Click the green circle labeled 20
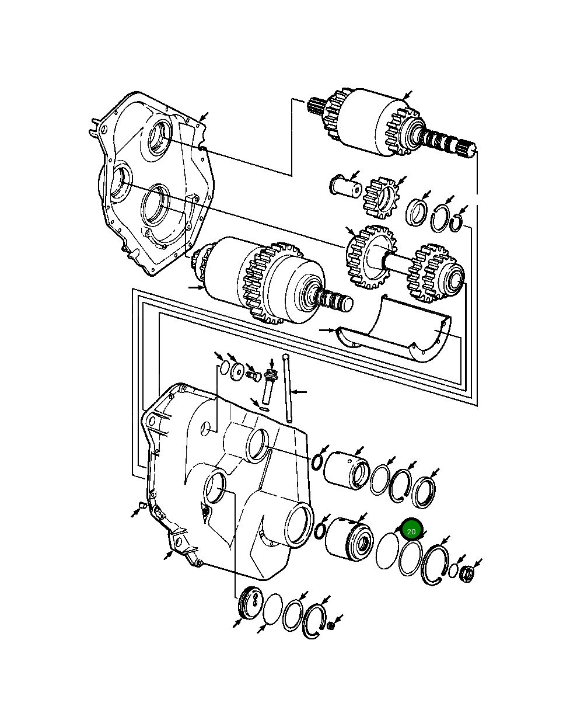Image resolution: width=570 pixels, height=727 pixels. pyautogui.click(x=411, y=531)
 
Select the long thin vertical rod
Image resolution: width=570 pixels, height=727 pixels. pyautogui.click(x=287, y=388)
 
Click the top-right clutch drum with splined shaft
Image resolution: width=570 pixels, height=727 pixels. pyautogui.click(x=373, y=124)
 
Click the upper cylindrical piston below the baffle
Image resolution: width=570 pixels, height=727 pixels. pyautogui.click(x=346, y=468)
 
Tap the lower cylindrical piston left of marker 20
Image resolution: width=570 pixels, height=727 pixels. pyautogui.click(x=348, y=537)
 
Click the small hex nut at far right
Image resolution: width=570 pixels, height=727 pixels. pyautogui.click(x=467, y=573)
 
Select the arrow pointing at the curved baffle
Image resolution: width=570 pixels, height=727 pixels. pyautogui.click(x=327, y=330)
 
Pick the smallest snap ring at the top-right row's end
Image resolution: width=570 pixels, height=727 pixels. pyautogui.click(x=457, y=223)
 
